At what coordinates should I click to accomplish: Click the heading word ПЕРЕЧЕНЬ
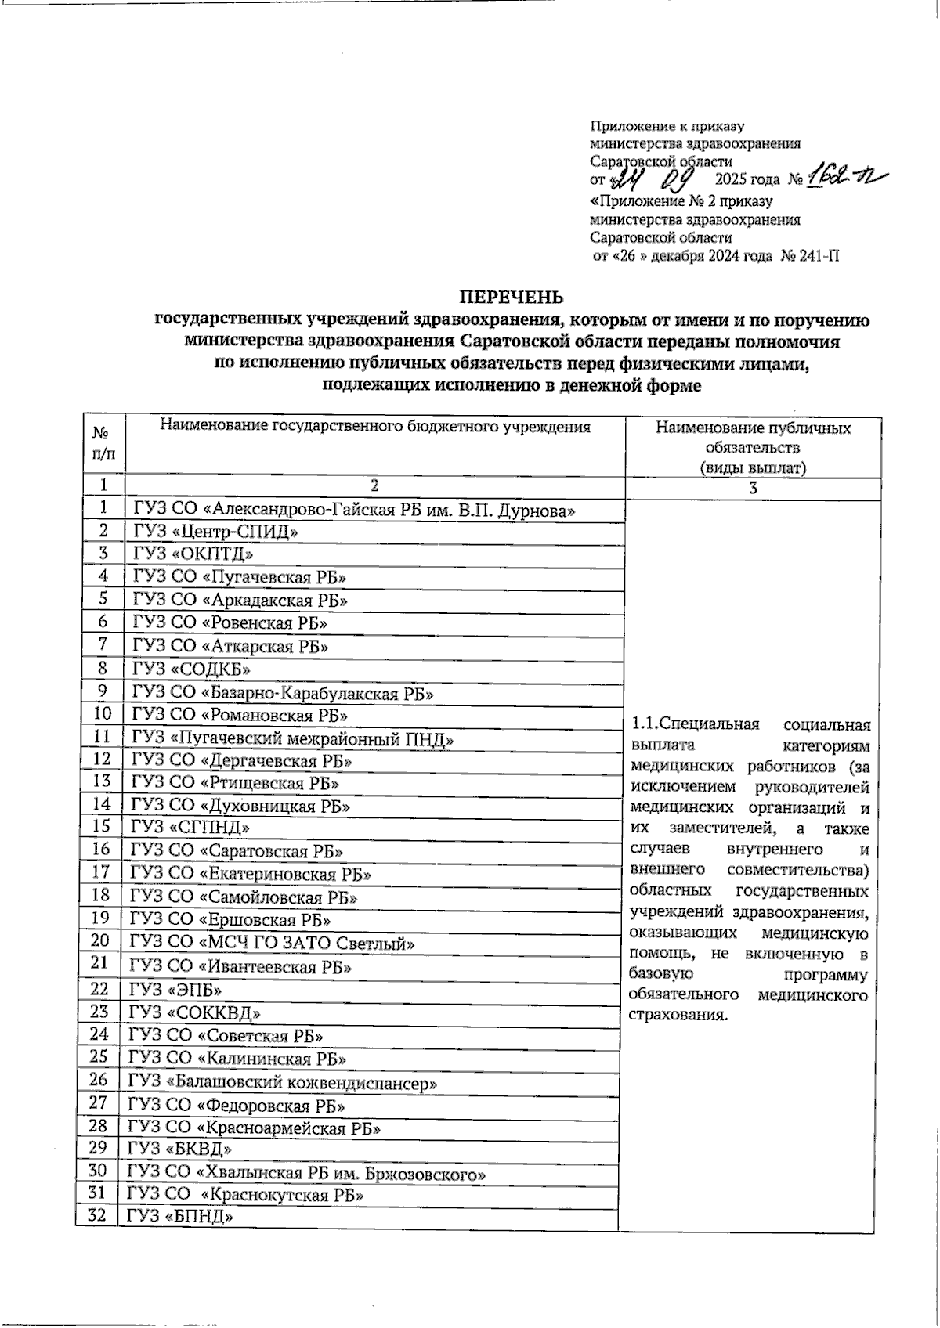(x=510, y=297)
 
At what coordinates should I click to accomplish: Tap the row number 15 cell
(x=101, y=825)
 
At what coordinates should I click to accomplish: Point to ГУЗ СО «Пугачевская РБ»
(x=240, y=577)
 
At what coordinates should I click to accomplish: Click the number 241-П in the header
(x=815, y=255)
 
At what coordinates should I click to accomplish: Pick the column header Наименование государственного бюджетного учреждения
(x=374, y=426)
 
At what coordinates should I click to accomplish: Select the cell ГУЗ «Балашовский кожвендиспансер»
(x=283, y=1083)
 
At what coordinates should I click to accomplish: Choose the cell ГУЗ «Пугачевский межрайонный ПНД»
(x=292, y=738)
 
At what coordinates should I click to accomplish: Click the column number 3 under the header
(x=753, y=488)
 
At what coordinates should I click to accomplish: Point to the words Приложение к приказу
(x=667, y=126)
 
